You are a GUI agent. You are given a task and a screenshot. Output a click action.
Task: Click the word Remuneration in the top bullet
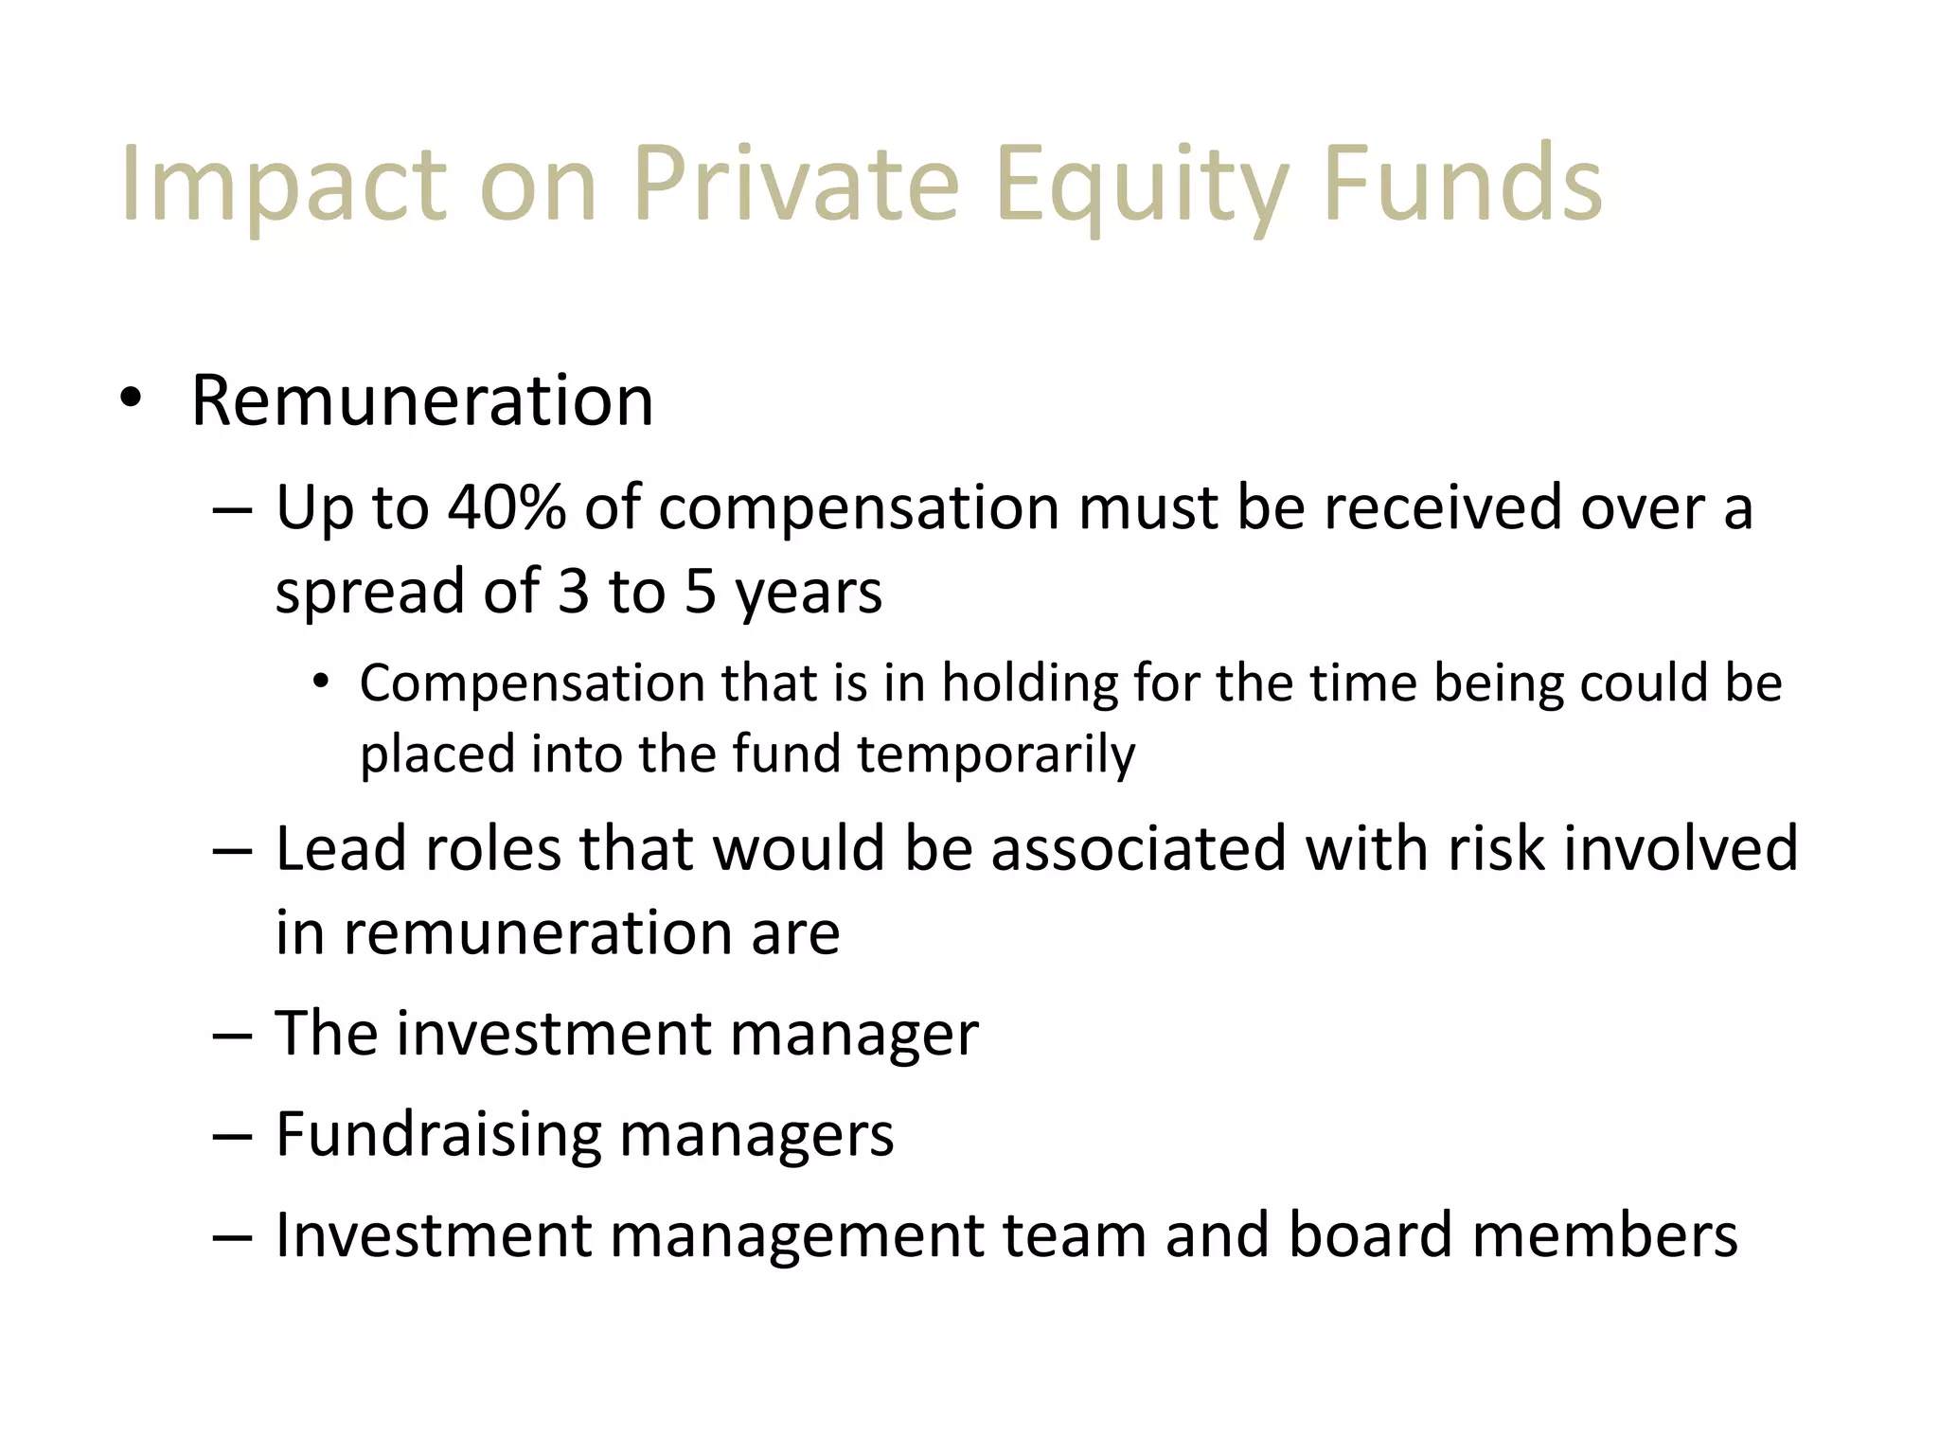click(x=421, y=400)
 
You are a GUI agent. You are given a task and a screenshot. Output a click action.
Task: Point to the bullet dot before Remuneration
click(x=131, y=399)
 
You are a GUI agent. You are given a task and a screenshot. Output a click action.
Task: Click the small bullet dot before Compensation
click(x=322, y=682)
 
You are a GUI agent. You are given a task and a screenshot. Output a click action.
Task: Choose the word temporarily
click(x=996, y=754)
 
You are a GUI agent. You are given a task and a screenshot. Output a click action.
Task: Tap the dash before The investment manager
click(x=233, y=1036)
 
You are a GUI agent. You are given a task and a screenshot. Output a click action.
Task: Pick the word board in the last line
click(x=1369, y=1234)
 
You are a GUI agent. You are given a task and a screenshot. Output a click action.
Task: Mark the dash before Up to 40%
click(x=233, y=510)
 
